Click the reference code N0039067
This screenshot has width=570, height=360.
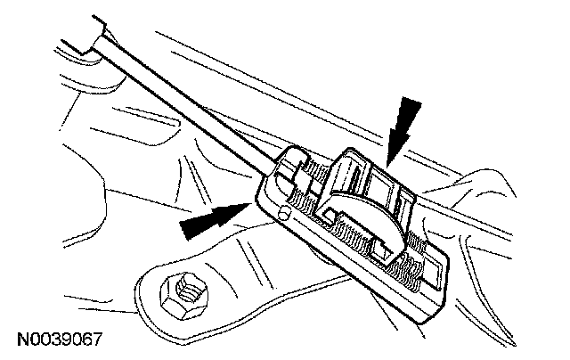[x=59, y=340]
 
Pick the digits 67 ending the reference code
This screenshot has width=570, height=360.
[x=93, y=340]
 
